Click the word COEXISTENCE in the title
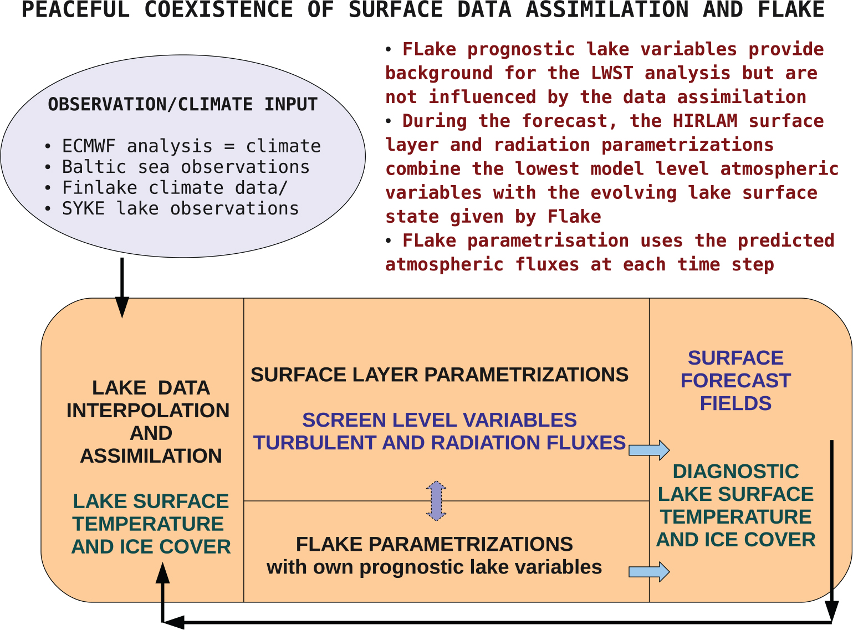click(x=218, y=9)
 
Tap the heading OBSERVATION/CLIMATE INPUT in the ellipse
click(x=183, y=104)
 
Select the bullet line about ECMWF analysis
click(x=183, y=146)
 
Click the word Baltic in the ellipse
click(x=94, y=167)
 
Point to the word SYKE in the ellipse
click(x=84, y=208)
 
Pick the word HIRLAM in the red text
click(x=705, y=121)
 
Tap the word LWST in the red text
click(x=612, y=73)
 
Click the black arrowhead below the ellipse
click(x=122, y=307)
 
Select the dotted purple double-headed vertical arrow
click(x=436, y=501)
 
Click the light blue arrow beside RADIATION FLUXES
click(x=649, y=449)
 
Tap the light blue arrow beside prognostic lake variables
click(x=649, y=571)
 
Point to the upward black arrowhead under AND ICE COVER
click(x=163, y=572)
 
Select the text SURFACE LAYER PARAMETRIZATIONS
click(x=440, y=375)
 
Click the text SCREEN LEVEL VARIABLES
click(x=440, y=419)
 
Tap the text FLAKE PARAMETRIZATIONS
click(x=434, y=544)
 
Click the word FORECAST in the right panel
click(x=735, y=381)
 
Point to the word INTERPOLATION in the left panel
click(x=148, y=411)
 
